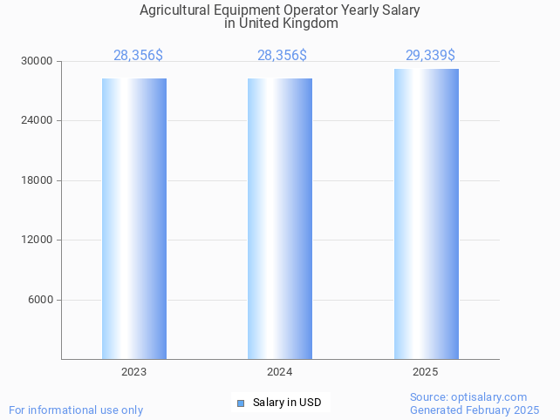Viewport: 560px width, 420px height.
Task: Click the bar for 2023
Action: tap(134, 218)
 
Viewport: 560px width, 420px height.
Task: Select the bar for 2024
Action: tap(280, 218)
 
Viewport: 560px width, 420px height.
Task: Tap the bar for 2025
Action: tap(426, 213)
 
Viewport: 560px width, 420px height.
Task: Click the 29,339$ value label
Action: tap(430, 56)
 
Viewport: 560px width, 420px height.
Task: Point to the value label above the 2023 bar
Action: tap(138, 56)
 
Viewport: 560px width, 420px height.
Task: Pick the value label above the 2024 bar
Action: tap(282, 56)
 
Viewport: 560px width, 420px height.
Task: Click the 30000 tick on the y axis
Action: tap(38, 61)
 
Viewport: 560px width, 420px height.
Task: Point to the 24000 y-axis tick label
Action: tap(38, 121)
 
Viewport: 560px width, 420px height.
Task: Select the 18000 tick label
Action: tap(38, 180)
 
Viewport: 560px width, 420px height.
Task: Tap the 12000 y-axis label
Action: tap(38, 240)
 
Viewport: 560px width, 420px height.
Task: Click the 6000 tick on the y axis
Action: tap(41, 300)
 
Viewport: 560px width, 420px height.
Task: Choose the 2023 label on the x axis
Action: tap(134, 372)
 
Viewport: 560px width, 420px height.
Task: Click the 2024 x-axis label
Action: tap(280, 372)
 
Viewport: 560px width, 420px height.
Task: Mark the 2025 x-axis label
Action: tap(426, 372)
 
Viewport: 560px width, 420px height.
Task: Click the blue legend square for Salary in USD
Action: tap(241, 403)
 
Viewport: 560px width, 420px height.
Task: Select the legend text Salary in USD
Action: tap(287, 403)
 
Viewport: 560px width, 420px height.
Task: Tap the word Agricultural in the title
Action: tap(174, 10)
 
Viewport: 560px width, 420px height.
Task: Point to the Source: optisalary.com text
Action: tap(468, 397)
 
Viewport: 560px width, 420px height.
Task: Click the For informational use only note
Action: tap(76, 410)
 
